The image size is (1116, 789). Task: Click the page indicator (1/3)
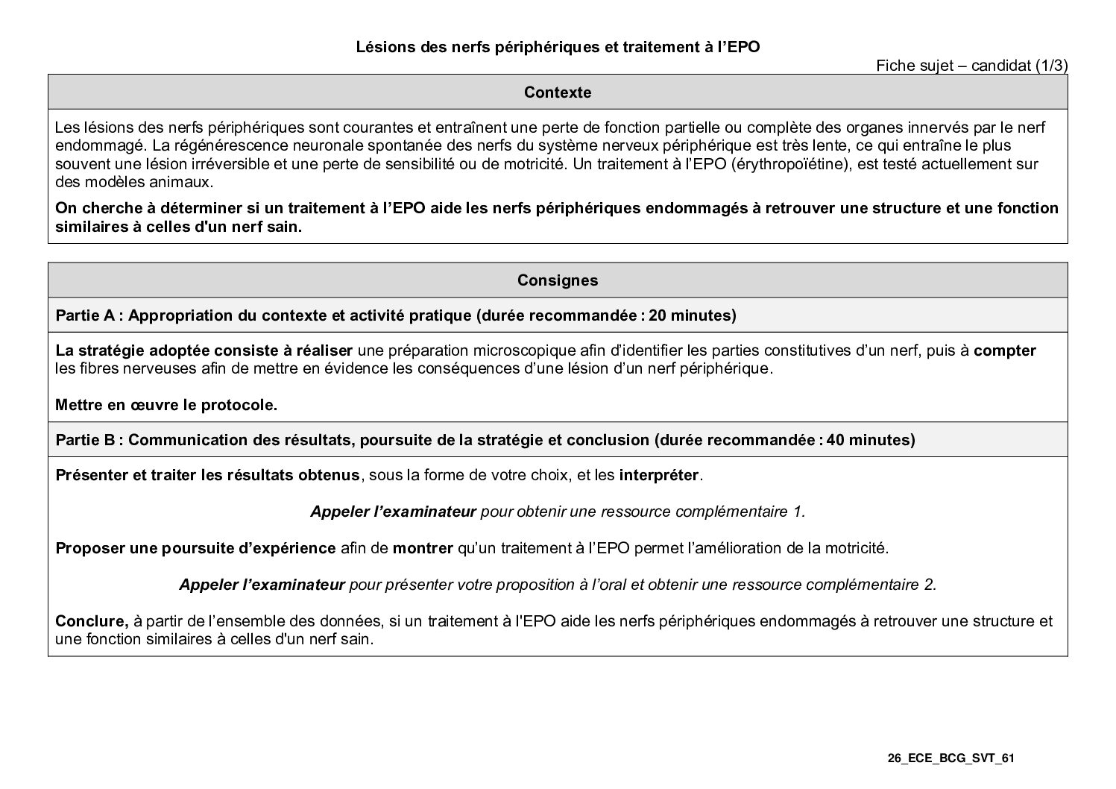(1051, 66)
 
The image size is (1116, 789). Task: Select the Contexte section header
(558, 92)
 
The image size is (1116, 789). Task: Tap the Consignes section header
(558, 280)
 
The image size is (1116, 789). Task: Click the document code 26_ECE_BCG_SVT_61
(951, 758)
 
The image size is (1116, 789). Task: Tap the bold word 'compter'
(1004, 351)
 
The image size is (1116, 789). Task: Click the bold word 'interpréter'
(659, 476)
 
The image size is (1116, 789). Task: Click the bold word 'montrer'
(423, 549)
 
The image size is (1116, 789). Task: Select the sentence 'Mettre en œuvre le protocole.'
(166, 406)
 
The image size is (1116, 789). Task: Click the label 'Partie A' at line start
(84, 315)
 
